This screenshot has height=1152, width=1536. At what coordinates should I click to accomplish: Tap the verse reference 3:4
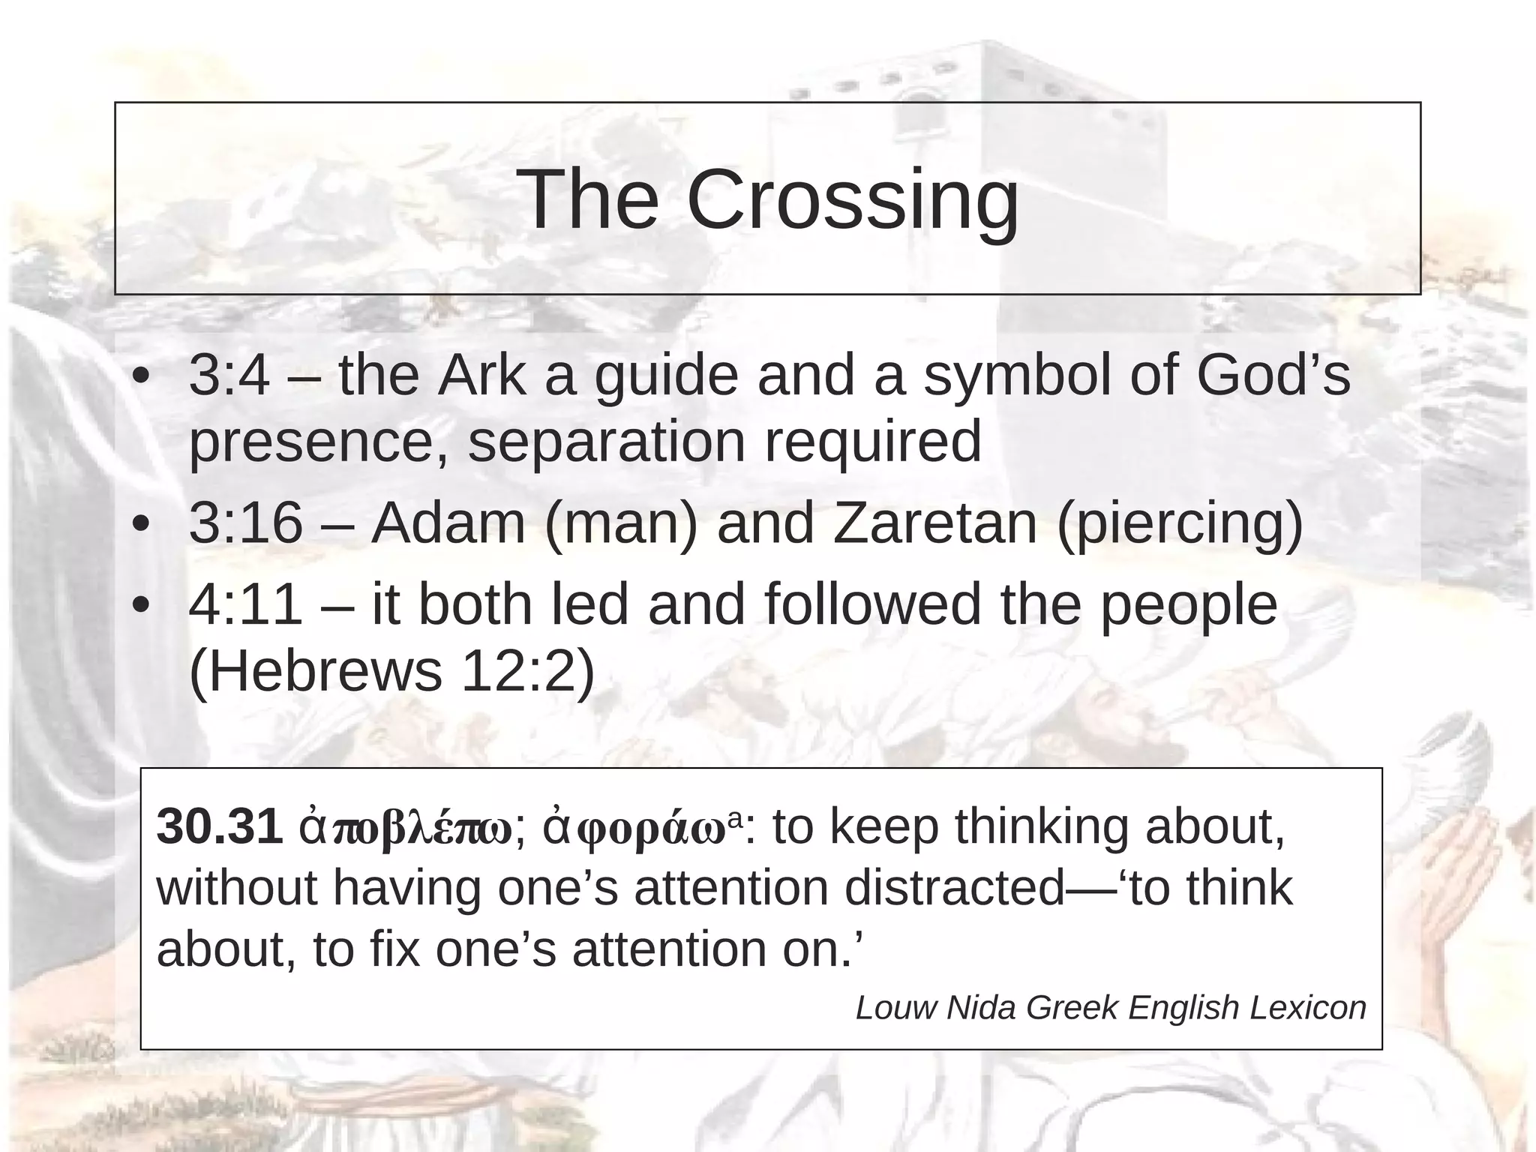(229, 375)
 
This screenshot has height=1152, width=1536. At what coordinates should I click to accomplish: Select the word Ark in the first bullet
(481, 375)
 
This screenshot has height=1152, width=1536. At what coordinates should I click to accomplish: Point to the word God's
(1273, 375)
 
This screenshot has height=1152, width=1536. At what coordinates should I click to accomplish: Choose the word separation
(607, 441)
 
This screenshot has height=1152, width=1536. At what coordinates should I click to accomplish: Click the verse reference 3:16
(246, 523)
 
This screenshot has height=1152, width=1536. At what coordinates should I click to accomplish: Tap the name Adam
(448, 523)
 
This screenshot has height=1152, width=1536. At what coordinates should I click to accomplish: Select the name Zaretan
(934, 523)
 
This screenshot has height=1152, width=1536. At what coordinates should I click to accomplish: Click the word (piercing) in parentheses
(1180, 523)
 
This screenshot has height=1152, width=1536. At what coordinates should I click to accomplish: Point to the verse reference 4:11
(246, 604)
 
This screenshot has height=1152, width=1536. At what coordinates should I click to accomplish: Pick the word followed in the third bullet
(872, 604)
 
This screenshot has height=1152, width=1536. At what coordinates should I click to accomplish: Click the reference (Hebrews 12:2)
(391, 670)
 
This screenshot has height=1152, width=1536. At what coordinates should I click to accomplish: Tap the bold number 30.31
(220, 826)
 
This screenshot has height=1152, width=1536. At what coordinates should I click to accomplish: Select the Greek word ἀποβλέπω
(406, 828)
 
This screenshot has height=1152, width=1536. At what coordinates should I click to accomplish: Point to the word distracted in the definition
(954, 888)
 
